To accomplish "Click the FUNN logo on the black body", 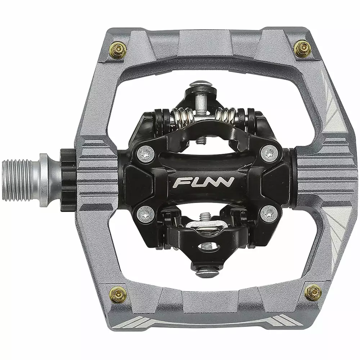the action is [x=203, y=182].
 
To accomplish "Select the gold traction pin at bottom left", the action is [x=118, y=294].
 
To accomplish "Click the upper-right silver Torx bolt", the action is [x=269, y=152].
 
